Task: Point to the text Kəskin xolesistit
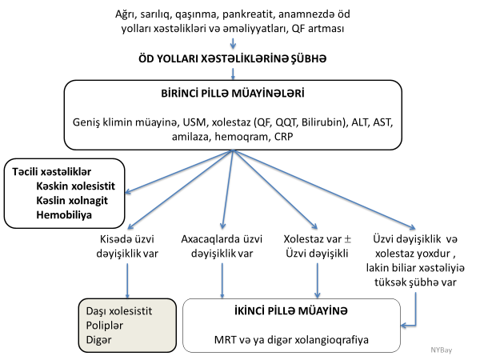click(x=74, y=185)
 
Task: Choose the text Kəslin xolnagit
click(x=71, y=200)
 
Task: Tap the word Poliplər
click(x=104, y=325)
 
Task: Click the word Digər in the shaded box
click(x=98, y=341)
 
